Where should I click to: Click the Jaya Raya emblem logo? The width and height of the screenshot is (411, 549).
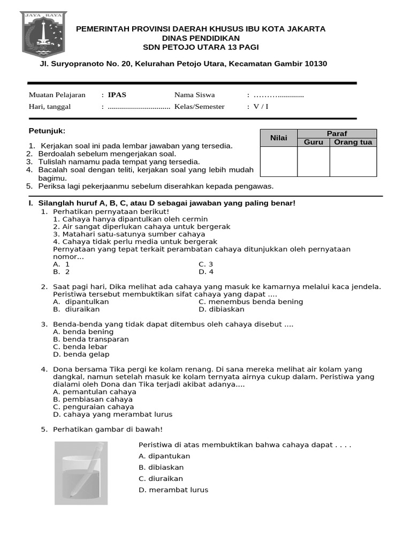pyautogui.click(x=43, y=35)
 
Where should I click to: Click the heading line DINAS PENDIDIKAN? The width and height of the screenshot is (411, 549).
pyautogui.click(x=201, y=38)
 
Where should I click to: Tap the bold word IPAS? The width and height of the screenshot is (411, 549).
pyautogui.click(x=117, y=95)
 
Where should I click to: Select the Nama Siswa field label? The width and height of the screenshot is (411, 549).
pyautogui.click(x=194, y=95)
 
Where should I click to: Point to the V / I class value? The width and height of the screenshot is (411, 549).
pyautogui.click(x=261, y=106)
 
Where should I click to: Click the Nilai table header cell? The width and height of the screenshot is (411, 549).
pyautogui.click(x=278, y=138)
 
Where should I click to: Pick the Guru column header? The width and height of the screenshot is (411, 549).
pyautogui.click(x=313, y=142)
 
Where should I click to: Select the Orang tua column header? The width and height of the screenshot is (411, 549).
pyautogui.click(x=353, y=142)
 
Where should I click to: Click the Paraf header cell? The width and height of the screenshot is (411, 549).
pyautogui.click(x=337, y=133)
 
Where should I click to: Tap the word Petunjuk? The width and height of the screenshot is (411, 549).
pyautogui.click(x=47, y=131)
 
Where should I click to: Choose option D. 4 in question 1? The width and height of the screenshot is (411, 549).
pyautogui.click(x=206, y=272)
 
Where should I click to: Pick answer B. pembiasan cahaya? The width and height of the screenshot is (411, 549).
pyautogui.click(x=93, y=399)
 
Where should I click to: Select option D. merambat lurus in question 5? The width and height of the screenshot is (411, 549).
pyautogui.click(x=173, y=489)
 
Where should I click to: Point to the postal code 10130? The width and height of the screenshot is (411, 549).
pyautogui.click(x=315, y=64)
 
